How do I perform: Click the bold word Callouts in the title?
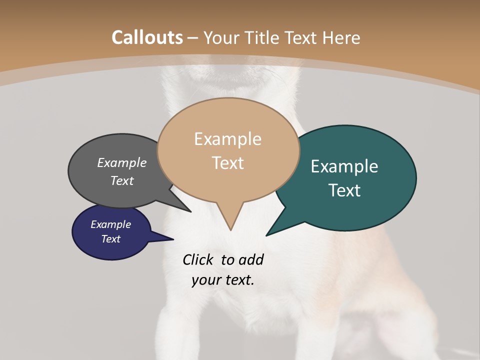click(147, 37)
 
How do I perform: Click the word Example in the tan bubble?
click(227, 139)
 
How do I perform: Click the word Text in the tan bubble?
click(228, 163)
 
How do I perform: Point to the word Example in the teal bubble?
click(344, 166)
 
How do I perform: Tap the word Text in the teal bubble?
click(345, 190)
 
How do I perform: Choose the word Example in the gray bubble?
click(122, 163)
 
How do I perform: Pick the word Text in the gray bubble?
click(122, 180)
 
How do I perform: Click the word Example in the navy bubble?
click(111, 224)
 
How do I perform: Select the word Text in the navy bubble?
click(111, 239)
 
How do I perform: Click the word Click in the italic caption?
click(198, 259)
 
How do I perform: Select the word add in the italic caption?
click(250, 259)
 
